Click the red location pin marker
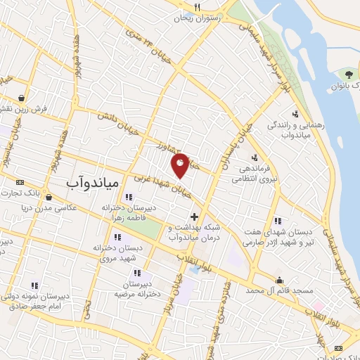click(x=181, y=165)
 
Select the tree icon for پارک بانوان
click(x=349, y=75)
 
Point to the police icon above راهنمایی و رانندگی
click(x=295, y=113)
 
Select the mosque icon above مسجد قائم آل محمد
click(x=279, y=279)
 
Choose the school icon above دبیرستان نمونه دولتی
click(x=34, y=285)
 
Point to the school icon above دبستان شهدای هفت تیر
click(x=278, y=220)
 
